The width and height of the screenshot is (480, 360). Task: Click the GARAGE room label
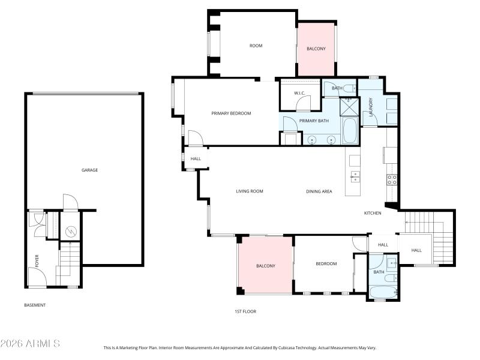click(89, 170)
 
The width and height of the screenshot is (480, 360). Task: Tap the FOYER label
click(37, 260)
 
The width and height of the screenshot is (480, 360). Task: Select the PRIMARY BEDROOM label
click(231, 113)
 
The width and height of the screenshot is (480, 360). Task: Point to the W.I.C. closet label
click(301, 93)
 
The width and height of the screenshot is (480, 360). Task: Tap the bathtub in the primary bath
click(349, 130)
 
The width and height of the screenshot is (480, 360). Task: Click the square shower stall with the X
click(349, 106)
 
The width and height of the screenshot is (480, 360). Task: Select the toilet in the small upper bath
click(350, 88)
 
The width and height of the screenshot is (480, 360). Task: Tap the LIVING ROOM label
click(250, 191)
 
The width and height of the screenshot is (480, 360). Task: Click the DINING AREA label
click(319, 191)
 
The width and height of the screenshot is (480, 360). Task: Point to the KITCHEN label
click(373, 213)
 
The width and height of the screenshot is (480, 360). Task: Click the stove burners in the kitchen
click(392, 179)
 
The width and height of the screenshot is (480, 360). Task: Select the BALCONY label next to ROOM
click(316, 49)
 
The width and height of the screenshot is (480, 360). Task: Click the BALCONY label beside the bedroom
click(265, 266)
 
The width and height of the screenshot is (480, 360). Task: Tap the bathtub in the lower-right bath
click(383, 293)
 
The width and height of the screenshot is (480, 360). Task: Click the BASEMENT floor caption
click(35, 305)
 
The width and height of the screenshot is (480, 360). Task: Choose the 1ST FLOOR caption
click(245, 311)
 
